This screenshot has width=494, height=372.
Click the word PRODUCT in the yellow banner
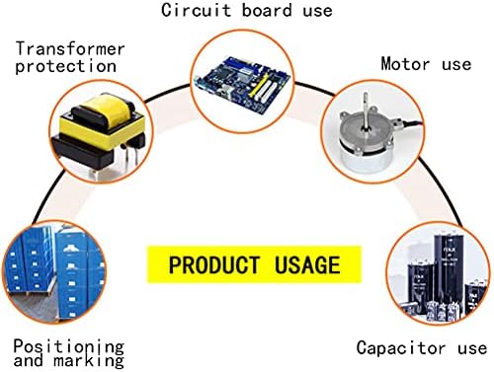[214, 264]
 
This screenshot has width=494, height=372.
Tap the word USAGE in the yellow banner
[307, 264]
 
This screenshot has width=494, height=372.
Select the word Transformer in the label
[70, 48]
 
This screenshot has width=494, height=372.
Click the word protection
[66, 66]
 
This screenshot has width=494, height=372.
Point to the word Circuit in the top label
[196, 10]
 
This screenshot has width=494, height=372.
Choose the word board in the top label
[267, 10]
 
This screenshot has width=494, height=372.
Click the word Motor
[405, 63]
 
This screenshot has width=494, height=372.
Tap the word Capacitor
[401, 348]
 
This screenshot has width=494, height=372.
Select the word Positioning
[69, 347]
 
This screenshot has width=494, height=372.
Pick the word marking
[89, 361]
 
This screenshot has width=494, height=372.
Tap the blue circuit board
[243, 85]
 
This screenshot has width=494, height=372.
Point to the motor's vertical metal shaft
[365, 111]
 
